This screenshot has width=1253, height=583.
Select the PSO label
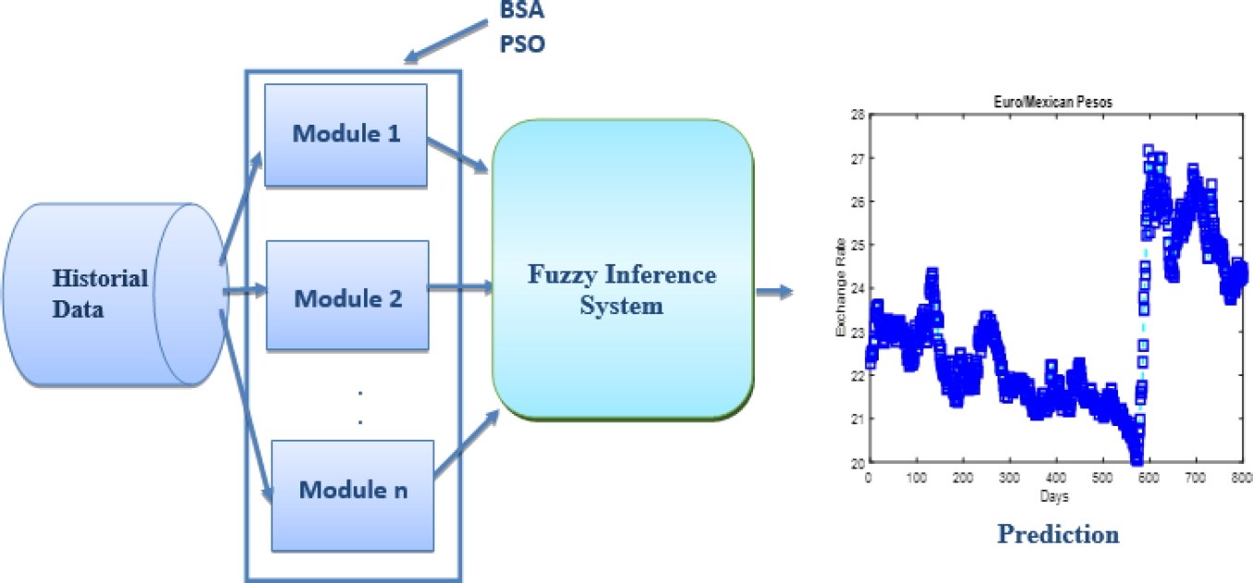click(x=504, y=43)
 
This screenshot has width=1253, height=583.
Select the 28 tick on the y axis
click(x=856, y=115)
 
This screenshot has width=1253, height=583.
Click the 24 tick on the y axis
click(x=856, y=288)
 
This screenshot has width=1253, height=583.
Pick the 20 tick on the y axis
click(x=856, y=462)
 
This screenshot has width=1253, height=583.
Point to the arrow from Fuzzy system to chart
click(x=774, y=293)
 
